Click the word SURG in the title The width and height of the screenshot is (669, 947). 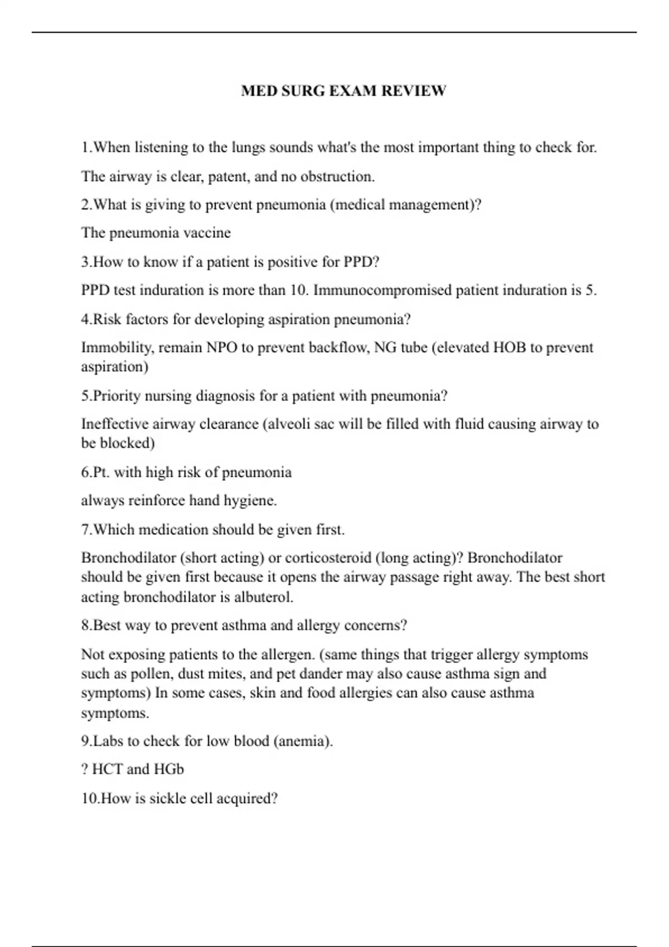tap(303, 91)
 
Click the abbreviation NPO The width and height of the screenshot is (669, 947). tap(222, 348)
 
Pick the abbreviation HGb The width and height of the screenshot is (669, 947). tap(168, 769)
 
